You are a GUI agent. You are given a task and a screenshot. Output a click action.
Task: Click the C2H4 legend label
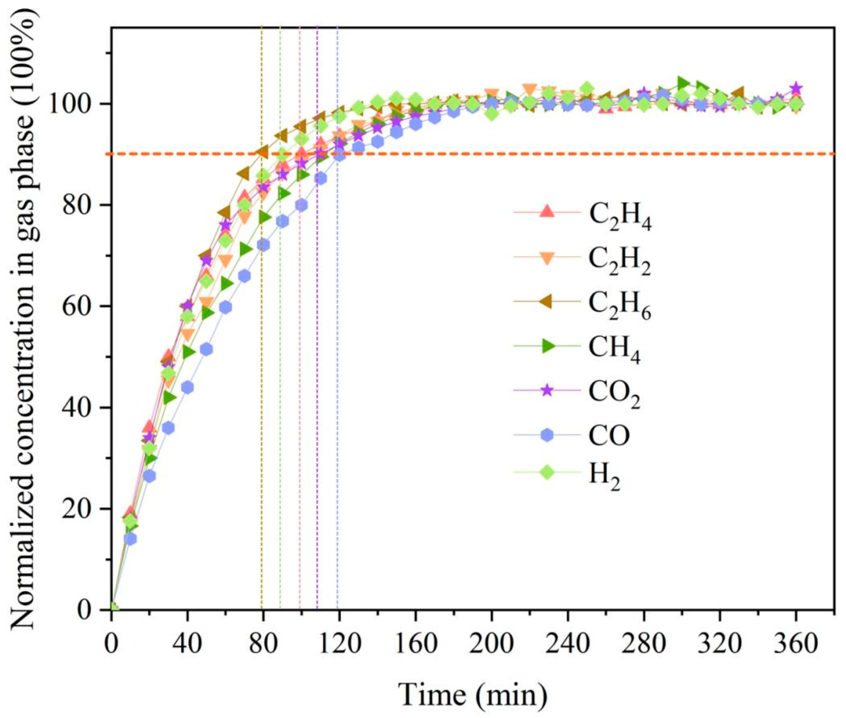[620, 218]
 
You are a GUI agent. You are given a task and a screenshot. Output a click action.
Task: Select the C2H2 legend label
[620, 263]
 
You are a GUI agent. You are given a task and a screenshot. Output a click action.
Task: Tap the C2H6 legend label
[620, 307]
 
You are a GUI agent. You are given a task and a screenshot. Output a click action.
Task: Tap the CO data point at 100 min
[301, 205]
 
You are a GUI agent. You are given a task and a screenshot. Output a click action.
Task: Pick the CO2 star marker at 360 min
[796, 88]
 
